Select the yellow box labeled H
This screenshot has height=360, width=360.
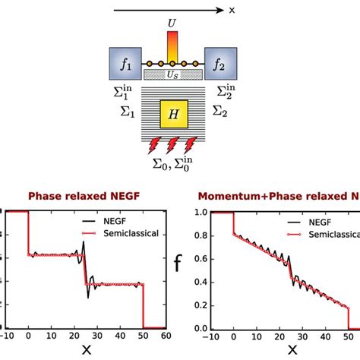pyautogui.click(x=174, y=115)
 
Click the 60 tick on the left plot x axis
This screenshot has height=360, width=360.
pyautogui.click(x=164, y=336)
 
